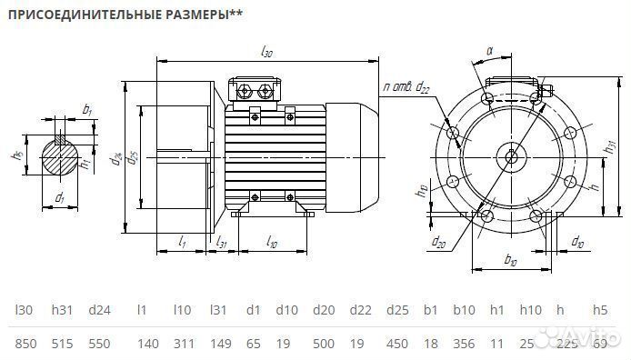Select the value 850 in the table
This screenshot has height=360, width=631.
[x=25, y=344]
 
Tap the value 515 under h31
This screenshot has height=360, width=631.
[x=63, y=344]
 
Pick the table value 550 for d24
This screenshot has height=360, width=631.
[x=101, y=344]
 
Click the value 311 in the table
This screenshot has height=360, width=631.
[x=183, y=344]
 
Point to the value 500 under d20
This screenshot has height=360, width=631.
[x=324, y=344]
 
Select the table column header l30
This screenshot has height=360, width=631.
[x=24, y=310]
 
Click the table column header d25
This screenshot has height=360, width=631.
[x=396, y=310]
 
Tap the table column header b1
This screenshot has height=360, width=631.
[x=430, y=310]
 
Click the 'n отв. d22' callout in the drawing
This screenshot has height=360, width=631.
[x=407, y=86]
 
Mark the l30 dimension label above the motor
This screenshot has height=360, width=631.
[x=266, y=53]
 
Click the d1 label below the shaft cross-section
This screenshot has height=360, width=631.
[x=59, y=197]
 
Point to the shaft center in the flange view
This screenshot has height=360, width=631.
[x=511, y=155]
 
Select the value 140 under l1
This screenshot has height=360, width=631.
[x=142, y=344]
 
